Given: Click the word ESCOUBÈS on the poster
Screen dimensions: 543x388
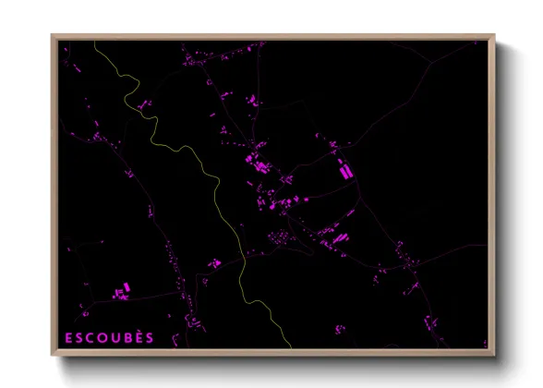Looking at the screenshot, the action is point(109,337).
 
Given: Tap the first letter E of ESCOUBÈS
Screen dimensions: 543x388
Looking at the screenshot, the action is point(68,337).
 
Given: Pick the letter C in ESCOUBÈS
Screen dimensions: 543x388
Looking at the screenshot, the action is point(90,337).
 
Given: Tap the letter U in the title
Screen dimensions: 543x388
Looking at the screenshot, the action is point(115,337).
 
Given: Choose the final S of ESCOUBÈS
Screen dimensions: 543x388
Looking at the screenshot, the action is point(150,337).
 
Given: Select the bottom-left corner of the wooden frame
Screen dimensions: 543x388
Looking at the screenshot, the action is point(53,354).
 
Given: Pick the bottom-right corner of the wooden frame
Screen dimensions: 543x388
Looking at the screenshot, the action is point(494,354).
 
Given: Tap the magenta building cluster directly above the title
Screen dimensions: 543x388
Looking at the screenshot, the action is point(120,293).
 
